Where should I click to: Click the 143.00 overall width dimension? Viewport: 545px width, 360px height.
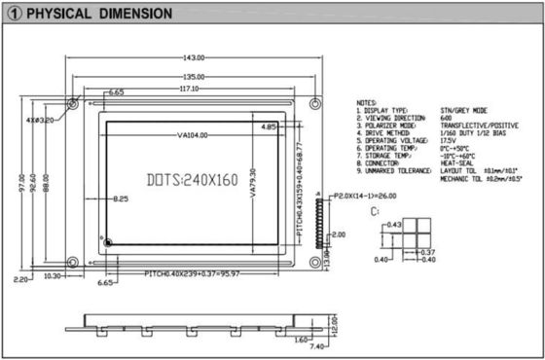[191, 55]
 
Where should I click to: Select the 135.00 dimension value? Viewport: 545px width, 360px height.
[192, 75]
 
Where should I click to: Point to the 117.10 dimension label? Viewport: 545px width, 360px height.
[188, 89]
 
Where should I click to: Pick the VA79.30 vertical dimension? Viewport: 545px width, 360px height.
[252, 185]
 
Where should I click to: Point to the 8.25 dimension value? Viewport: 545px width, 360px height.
[120, 198]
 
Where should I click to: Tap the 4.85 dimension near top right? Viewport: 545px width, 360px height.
[269, 126]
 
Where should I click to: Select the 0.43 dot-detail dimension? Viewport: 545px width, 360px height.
[393, 225]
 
